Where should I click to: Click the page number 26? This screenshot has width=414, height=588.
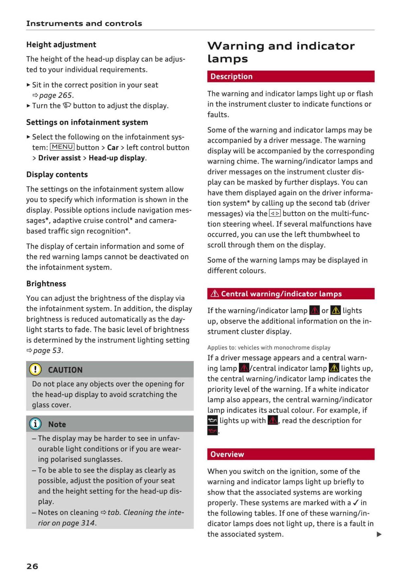point(32,566)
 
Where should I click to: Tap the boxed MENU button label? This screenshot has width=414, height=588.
point(62,147)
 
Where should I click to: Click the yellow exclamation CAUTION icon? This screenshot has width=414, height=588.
point(35,369)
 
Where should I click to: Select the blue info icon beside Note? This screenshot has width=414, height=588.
point(35,424)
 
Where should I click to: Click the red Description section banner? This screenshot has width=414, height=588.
point(291,76)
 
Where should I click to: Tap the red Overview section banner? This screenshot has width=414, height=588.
point(291,454)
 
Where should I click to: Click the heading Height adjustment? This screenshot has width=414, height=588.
point(61,45)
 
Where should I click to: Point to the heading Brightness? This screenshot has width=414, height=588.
point(46,284)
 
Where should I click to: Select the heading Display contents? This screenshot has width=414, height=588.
point(57,175)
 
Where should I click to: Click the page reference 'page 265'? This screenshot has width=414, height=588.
point(55,95)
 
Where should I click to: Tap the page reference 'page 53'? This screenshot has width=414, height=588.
point(47,351)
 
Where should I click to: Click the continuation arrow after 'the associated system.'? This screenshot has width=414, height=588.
point(379,534)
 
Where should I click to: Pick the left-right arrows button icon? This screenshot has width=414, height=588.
point(275,214)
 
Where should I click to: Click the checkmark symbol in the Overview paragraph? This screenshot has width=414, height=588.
point(355,503)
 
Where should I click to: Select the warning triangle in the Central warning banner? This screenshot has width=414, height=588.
point(215,294)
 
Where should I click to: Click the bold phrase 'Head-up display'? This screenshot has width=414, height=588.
point(117,158)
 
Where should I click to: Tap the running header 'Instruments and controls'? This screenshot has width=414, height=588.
point(84,24)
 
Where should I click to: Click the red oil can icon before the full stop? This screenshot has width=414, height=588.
point(212,431)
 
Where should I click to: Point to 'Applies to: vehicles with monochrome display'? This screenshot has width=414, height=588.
point(269,347)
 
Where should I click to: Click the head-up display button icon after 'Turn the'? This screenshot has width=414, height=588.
point(67,105)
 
